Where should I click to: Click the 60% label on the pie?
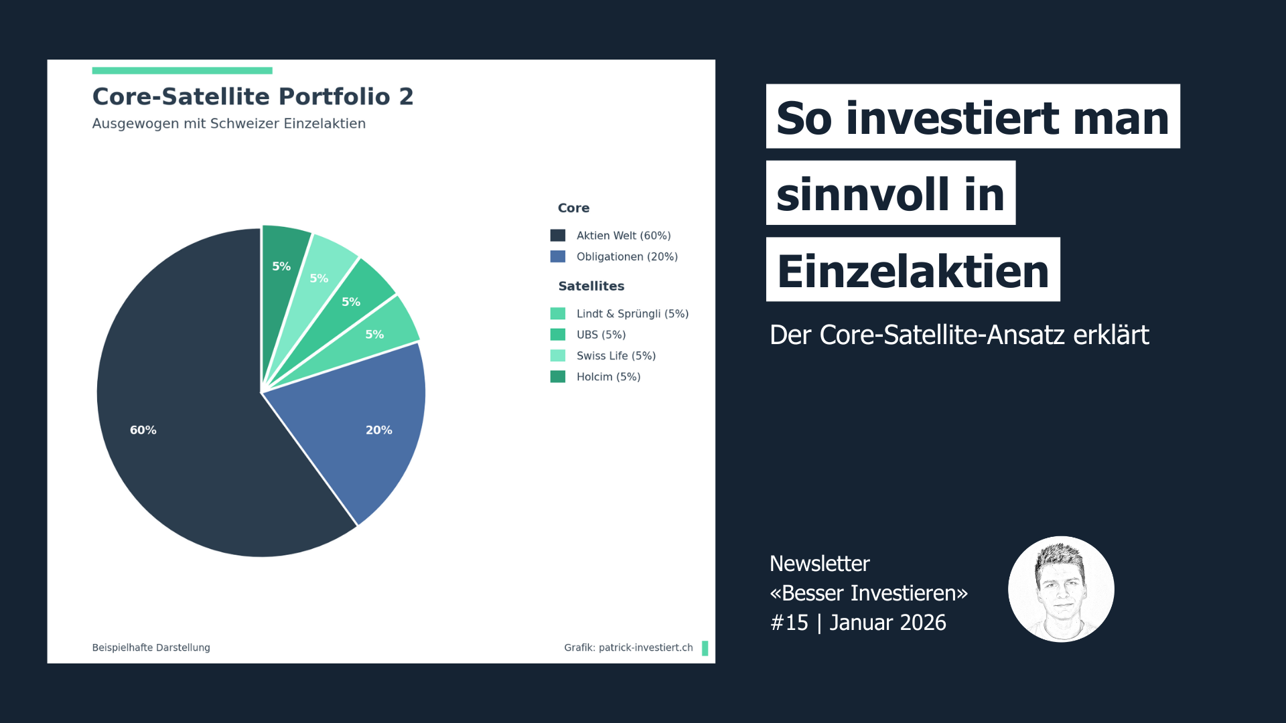point(143,430)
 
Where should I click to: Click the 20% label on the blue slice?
point(378,430)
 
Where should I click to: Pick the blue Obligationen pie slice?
point(362,428)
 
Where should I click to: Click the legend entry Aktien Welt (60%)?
point(623,236)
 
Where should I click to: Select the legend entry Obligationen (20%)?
point(627,256)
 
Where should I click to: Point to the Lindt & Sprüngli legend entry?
point(632,313)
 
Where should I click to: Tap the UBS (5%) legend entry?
point(601,335)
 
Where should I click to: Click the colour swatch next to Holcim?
point(558,377)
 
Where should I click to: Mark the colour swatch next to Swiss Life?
point(558,355)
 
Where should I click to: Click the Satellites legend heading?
point(591,286)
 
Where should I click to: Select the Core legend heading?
point(573,208)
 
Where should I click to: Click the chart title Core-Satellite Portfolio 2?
point(253,96)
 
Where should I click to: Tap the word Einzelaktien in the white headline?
point(913,271)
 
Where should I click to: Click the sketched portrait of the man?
point(1061,589)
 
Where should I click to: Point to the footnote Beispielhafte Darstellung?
point(151,647)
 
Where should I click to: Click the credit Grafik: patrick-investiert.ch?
point(628,647)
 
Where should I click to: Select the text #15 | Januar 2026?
point(858,623)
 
